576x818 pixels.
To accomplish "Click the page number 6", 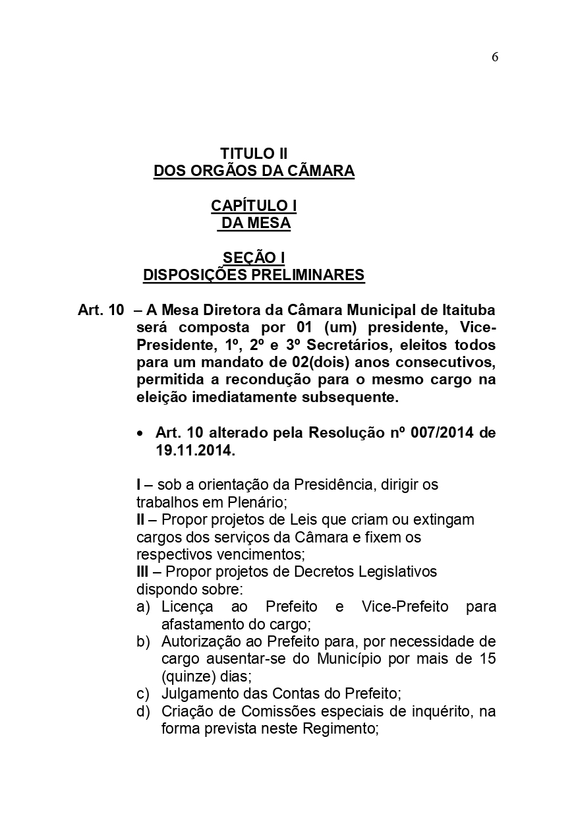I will pos(494,57).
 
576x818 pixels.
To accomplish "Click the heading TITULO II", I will pos(254,154).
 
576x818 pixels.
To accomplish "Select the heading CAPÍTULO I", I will pos(254,206).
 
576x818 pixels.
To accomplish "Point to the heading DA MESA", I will pos(256,223).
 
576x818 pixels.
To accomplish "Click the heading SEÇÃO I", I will pos(254,257).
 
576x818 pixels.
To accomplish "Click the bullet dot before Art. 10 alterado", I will pos(140,434).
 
